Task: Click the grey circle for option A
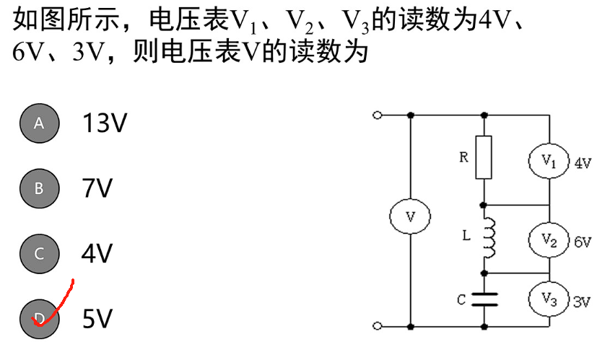pos(39,123)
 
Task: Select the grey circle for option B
pos(39,188)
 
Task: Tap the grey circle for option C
pos(39,253)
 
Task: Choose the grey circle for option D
pos(39,317)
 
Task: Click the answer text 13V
pos(105,123)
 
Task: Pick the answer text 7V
pos(97,188)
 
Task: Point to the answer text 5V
pos(97,318)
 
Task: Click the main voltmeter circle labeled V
pos(410,217)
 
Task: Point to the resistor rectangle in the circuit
pos(484,157)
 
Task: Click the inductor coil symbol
pos(488,238)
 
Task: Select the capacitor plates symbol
pos(484,299)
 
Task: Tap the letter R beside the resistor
pos(463,157)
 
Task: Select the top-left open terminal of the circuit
pos(375,115)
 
